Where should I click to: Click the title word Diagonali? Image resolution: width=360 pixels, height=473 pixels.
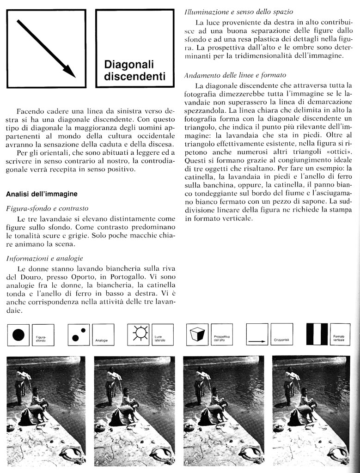(128, 64)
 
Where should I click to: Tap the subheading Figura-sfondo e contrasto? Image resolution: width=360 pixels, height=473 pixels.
(47, 209)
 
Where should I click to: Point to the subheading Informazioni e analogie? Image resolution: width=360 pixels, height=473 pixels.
(45, 258)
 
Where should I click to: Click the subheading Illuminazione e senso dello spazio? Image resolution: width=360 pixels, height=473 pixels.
(238, 11)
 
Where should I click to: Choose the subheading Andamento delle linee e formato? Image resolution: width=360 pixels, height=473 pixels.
(235, 75)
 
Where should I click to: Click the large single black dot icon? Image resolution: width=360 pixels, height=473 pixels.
(18, 335)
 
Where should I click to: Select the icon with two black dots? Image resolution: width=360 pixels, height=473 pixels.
(79, 335)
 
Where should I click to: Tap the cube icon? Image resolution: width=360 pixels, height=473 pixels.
(198, 334)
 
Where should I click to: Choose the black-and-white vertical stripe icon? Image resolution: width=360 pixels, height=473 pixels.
(317, 334)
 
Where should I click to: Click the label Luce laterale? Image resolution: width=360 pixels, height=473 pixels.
(160, 339)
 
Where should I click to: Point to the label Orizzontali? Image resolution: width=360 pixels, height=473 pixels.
(281, 340)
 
